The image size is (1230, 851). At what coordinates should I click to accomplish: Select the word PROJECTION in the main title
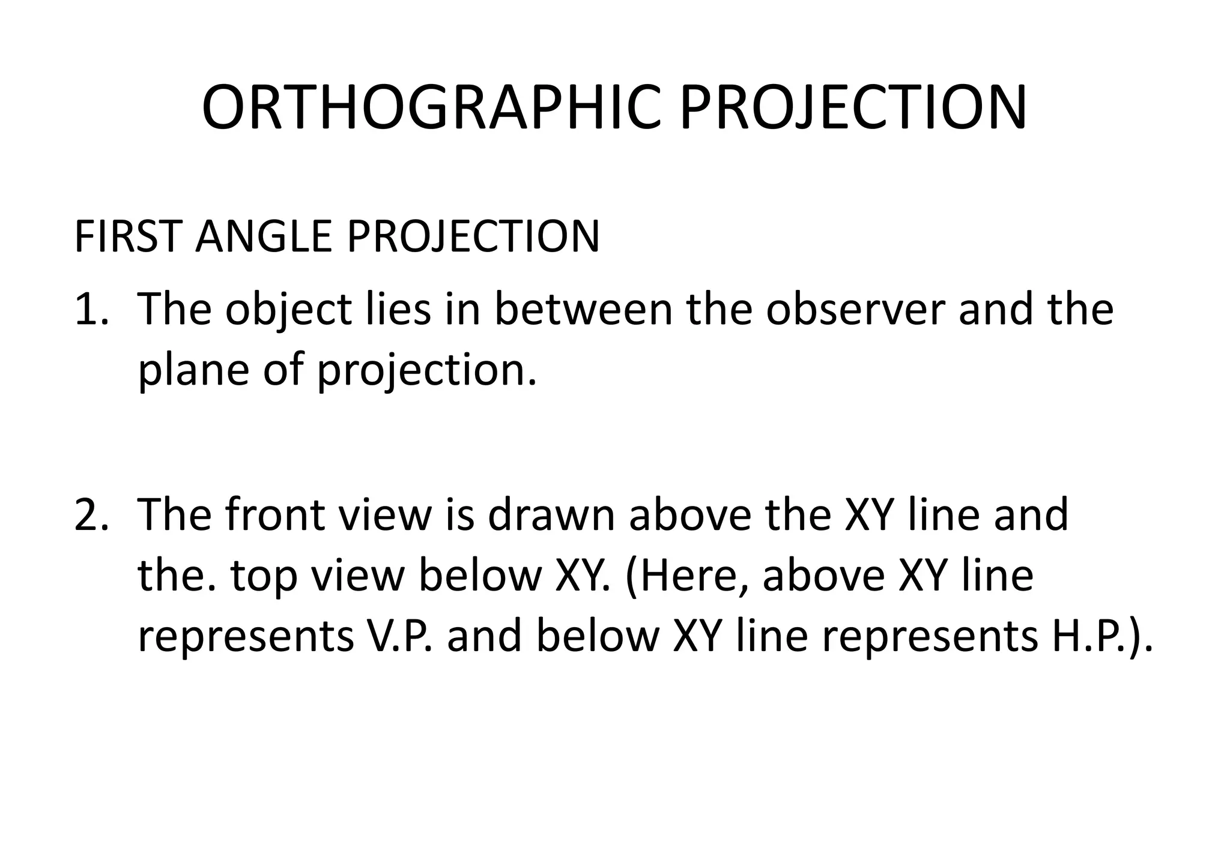(x=853, y=109)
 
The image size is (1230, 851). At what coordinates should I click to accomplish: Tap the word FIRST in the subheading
(x=127, y=236)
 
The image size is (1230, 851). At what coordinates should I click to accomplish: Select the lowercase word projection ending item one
(x=426, y=372)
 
